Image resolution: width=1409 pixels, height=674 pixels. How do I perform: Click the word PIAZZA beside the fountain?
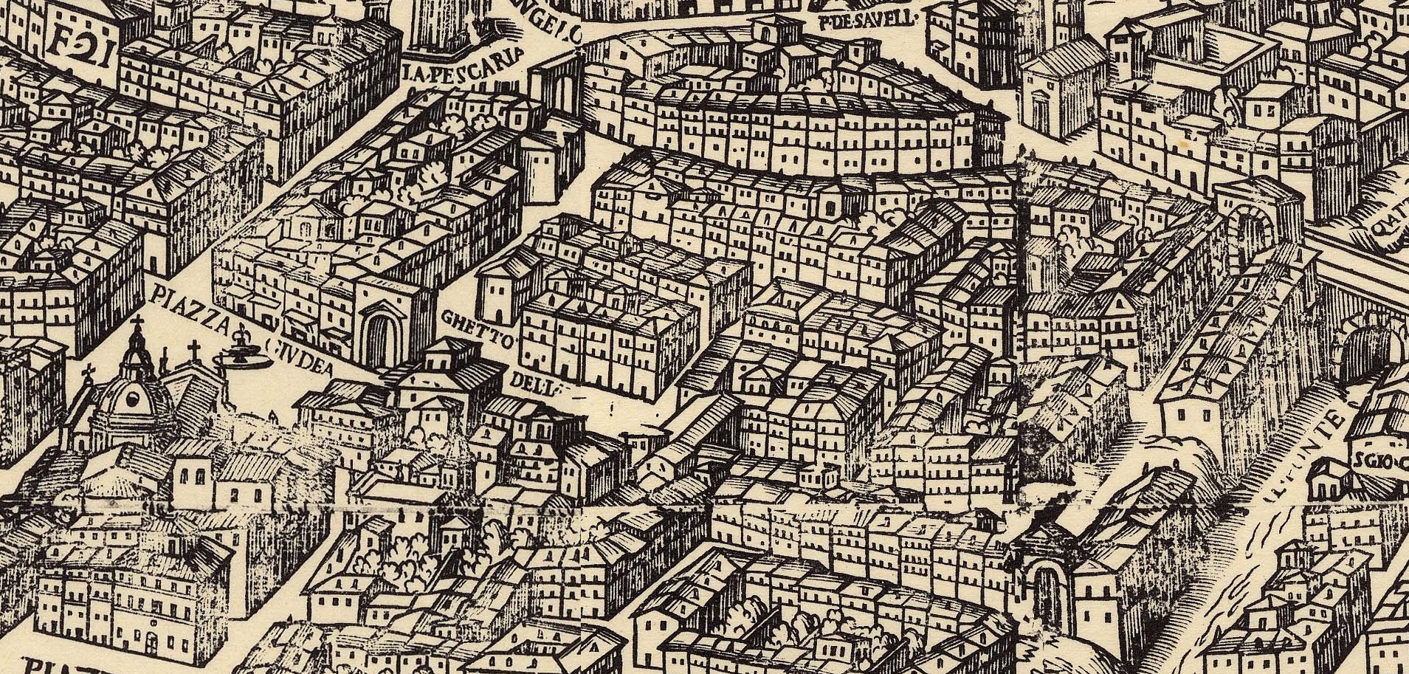(184, 310)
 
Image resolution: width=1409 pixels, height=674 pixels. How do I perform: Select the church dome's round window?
(134, 401)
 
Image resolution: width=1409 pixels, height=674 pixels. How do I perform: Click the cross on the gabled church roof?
(194, 349)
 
